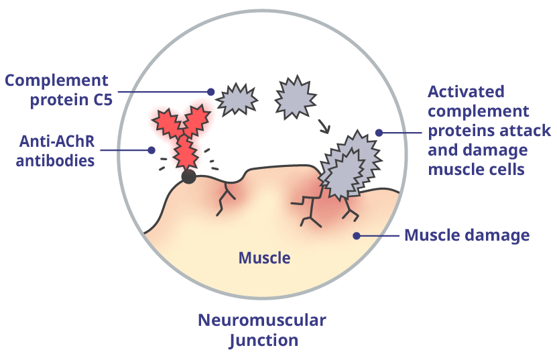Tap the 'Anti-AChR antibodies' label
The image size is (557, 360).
58,152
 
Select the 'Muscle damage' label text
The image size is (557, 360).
467,235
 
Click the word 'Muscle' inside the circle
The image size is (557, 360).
265,257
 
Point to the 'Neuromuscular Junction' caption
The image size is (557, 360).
262,330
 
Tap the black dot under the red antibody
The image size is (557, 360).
189,177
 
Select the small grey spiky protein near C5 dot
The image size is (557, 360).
238,98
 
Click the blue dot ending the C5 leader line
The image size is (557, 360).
210,92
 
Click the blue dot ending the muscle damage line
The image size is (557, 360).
357,235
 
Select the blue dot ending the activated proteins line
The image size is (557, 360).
379,133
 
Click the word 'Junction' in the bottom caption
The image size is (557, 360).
263,340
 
